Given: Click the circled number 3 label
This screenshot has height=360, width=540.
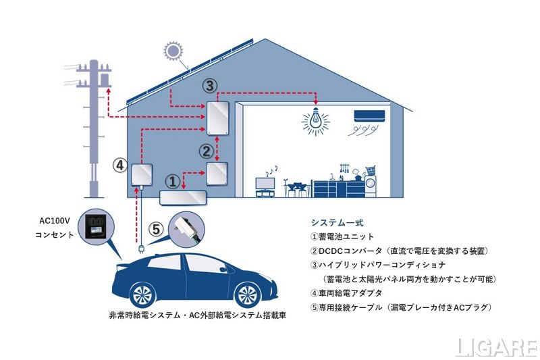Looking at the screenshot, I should (211, 85).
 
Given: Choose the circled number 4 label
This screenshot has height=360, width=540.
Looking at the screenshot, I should (119, 164).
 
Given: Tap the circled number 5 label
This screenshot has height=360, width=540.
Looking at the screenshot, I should (155, 230).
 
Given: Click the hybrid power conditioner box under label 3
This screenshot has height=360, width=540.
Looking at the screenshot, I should (219, 119).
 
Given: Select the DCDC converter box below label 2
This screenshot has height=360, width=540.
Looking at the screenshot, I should (217, 174).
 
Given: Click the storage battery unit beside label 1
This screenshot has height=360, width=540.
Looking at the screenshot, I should (182, 197).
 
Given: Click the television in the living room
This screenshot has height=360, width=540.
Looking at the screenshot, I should (265, 182).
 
